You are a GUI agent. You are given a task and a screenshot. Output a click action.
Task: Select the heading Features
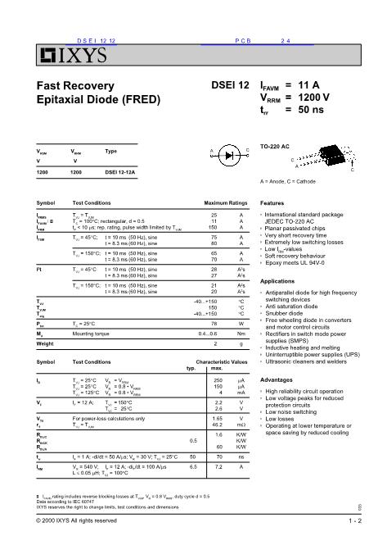click(x=272, y=202)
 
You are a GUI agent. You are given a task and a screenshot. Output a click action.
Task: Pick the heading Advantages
click(x=276, y=380)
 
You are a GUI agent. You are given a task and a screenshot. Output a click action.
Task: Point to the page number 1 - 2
click(x=353, y=520)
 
